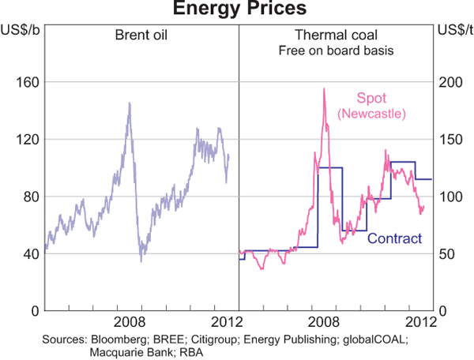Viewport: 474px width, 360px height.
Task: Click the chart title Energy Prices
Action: (236, 10)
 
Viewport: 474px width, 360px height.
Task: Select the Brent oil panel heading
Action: (143, 36)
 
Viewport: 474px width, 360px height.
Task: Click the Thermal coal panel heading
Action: (336, 36)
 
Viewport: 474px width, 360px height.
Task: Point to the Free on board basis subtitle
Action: (336, 51)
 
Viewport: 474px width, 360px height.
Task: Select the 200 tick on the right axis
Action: (449, 82)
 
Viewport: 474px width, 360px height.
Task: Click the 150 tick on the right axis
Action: (449, 139)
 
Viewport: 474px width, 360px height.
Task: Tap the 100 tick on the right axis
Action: (449, 197)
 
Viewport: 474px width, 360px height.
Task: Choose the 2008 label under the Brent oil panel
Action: (130, 322)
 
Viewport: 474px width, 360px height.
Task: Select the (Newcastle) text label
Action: (371, 115)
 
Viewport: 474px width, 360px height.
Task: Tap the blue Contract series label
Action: (395, 238)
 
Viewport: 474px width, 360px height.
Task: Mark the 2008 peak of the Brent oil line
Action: (129, 102)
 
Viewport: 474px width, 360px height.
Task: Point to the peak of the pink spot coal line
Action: (324, 88)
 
